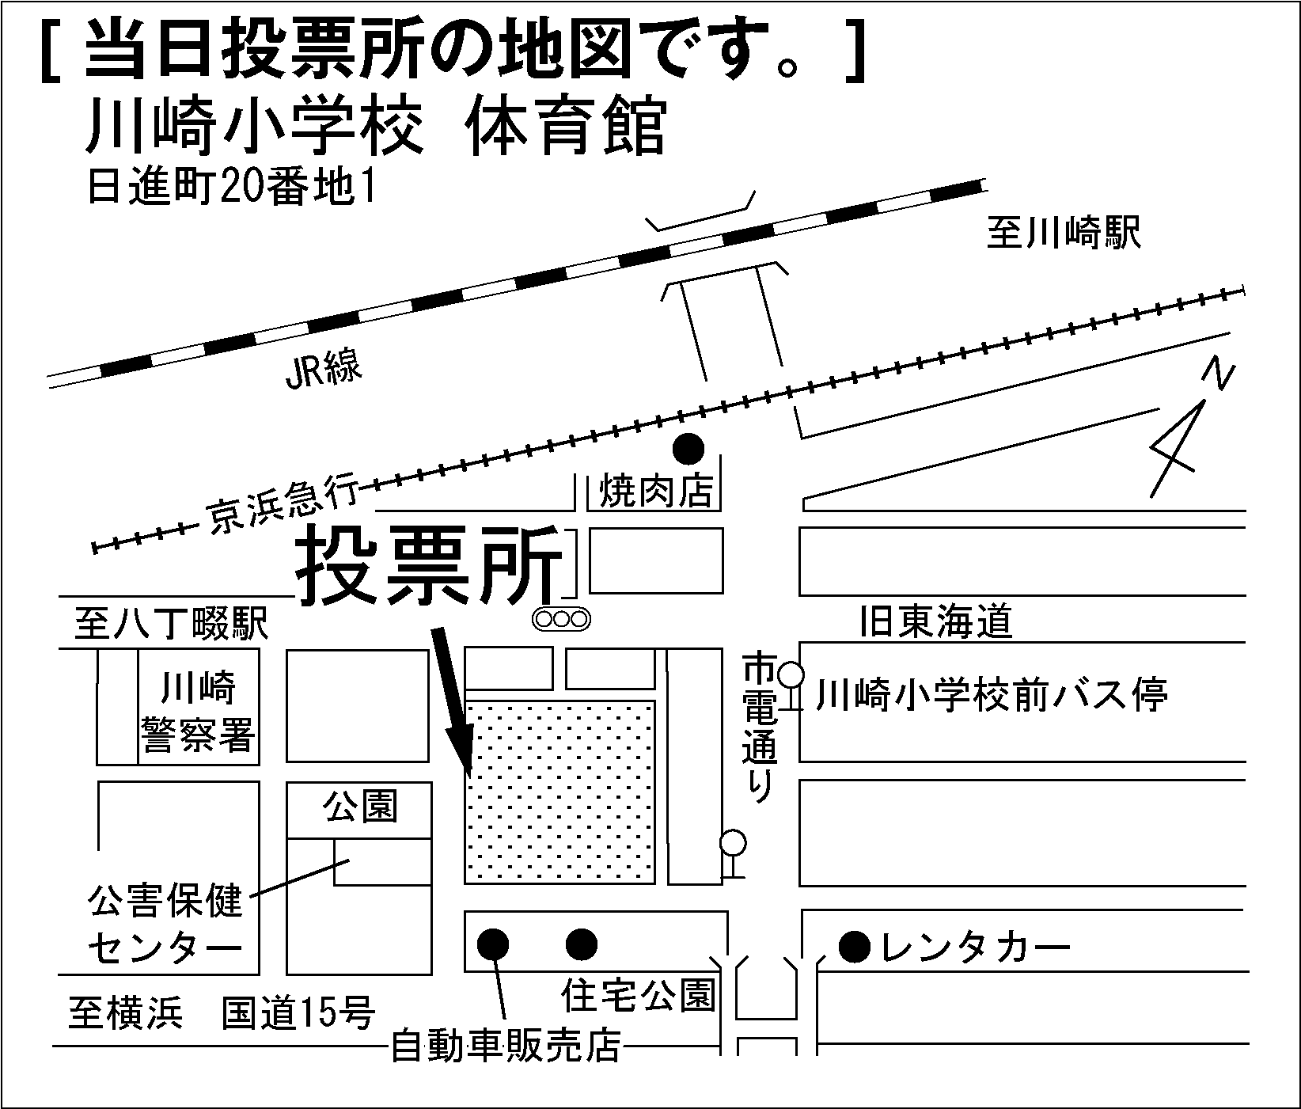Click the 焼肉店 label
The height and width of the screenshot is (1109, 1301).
656,492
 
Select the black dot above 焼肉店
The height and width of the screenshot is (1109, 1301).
688,449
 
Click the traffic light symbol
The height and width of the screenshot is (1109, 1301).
562,619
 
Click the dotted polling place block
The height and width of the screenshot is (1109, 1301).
559,792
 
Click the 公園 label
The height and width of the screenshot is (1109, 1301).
359,807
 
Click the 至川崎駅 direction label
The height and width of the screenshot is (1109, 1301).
1063,234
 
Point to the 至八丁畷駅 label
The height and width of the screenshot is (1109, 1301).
172,623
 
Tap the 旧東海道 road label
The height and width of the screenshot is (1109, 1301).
935,621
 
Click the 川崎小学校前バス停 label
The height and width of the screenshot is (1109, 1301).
992,696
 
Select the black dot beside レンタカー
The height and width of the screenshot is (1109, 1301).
854,947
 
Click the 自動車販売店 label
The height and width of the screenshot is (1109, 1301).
506,1048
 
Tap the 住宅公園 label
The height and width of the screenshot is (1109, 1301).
638,995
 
